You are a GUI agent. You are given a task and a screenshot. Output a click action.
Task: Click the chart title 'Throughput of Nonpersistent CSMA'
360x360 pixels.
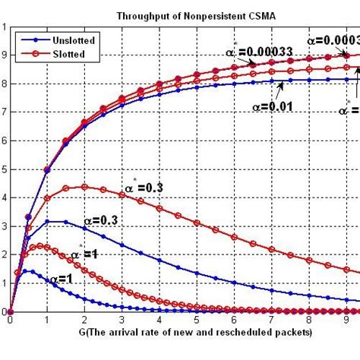[185, 15]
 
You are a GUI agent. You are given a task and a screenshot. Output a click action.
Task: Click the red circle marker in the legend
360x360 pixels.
[29, 55]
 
